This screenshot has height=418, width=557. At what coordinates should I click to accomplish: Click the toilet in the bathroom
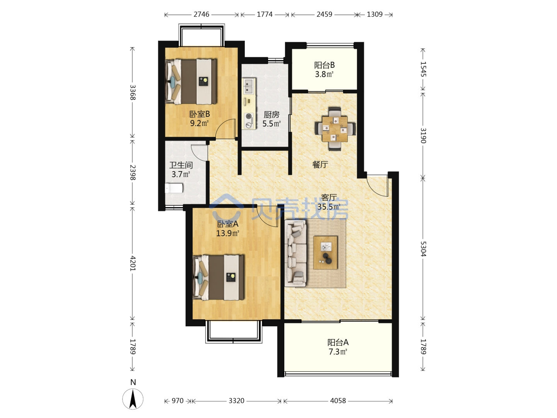click(x=174, y=188)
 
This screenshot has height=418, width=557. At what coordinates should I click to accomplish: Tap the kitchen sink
click(x=249, y=86)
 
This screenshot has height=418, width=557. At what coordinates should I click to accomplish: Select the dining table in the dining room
click(x=335, y=129)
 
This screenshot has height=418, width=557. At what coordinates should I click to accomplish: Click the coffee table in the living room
click(x=325, y=252)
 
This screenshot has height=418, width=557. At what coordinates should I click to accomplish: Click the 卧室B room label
click(x=200, y=114)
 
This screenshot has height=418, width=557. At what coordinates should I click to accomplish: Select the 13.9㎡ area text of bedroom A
click(x=227, y=233)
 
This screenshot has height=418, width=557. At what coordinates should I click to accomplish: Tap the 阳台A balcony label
click(x=338, y=343)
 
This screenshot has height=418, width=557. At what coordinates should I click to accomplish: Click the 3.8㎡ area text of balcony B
click(x=324, y=74)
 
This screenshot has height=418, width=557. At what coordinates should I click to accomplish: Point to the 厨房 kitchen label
click(x=271, y=115)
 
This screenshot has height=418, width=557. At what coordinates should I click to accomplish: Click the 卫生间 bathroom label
click(x=181, y=165)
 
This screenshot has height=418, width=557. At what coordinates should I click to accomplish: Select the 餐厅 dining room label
click(x=320, y=165)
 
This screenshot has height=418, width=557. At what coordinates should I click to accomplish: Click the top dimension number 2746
click(x=201, y=14)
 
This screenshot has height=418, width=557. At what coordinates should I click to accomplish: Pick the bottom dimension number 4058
click(x=338, y=401)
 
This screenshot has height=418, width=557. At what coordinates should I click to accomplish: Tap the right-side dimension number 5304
click(x=423, y=249)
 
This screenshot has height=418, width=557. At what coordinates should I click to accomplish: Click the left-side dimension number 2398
click(x=133, y=172)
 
